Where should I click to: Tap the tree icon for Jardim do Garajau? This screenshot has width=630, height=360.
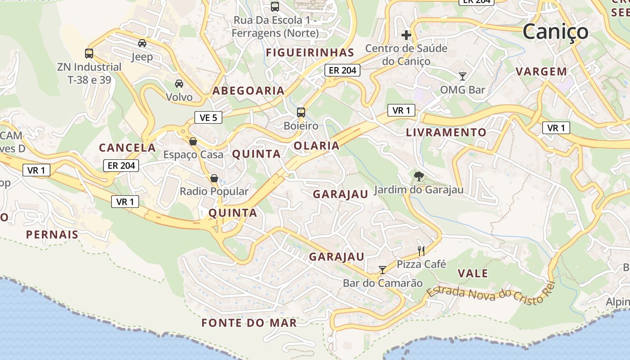pos(419,176)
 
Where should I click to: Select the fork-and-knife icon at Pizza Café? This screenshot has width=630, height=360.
pos(421,251)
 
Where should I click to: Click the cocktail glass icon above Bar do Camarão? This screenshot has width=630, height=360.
pos(382,270)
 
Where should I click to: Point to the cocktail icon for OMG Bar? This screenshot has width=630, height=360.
pos(462,76)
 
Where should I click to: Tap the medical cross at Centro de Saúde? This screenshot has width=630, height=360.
pos(406,35)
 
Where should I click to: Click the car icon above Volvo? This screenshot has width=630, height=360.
pos(179,83)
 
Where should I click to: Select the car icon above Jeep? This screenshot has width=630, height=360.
pos(142,43)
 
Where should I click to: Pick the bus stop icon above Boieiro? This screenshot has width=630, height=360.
pos(301,112)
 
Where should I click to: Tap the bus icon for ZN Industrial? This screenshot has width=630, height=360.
pos(89,54)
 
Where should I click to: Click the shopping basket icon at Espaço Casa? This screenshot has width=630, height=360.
pos(193,141)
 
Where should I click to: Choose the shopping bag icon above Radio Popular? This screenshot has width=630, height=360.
pos(214,178)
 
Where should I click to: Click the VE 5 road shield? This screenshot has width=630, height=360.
pos(208,118)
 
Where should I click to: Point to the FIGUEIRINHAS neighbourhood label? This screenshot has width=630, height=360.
pos(310,53)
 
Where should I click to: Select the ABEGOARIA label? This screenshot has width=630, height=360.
pos(248,91)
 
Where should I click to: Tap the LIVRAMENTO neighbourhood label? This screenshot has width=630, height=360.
pos(446,133)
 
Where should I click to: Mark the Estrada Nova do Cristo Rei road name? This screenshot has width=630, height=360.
pos(491,293)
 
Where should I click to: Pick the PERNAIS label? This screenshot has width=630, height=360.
pos(52,234)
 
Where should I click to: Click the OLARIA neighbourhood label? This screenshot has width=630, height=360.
pos(316,146)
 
